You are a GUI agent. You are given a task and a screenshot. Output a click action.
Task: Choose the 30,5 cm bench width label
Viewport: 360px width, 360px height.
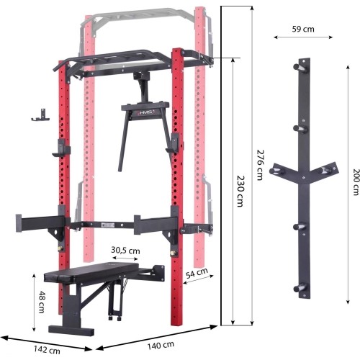(126, 251)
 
